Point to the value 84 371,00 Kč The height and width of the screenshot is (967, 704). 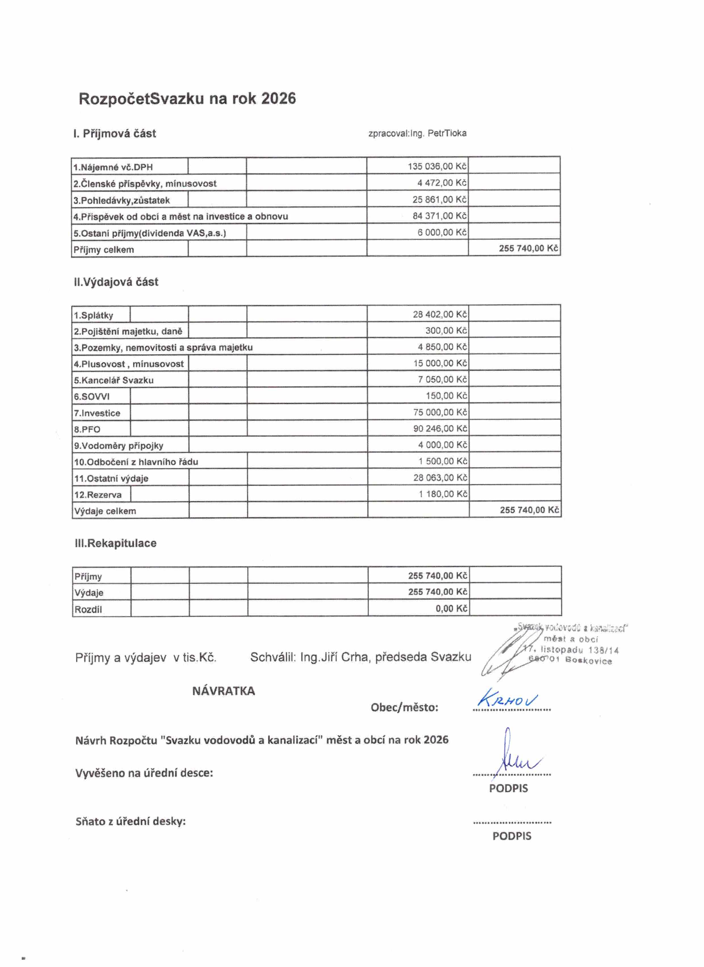coord(439,216)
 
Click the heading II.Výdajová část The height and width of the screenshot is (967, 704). coord(116,282)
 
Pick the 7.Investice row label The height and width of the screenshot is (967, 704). coord(97,413)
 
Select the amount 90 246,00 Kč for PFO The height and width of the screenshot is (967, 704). coord(440,428)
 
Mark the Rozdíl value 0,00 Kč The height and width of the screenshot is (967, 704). coord(451,608)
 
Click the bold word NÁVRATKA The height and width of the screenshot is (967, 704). coord(223,691)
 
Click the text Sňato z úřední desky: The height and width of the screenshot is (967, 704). coord(131,822)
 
